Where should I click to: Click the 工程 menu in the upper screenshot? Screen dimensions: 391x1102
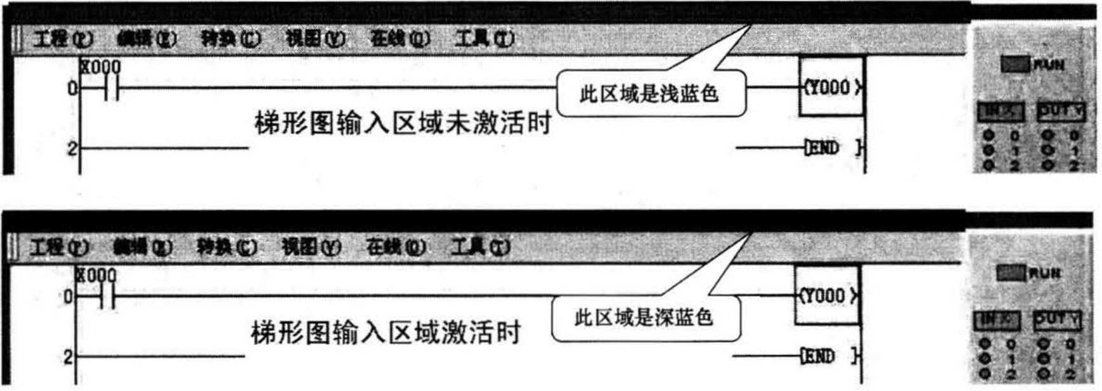(x=62, y=39)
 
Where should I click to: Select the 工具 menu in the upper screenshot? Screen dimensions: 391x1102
(x=484, y=39)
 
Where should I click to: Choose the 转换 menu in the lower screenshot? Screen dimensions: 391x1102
(x=227, y=247)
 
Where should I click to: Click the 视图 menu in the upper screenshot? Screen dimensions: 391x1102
(x=315, y=39)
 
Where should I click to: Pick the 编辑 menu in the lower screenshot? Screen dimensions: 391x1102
(x=142, y=247)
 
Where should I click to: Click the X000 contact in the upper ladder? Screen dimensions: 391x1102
(x=110, y=89)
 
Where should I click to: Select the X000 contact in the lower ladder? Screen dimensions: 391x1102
(x=107, y=296)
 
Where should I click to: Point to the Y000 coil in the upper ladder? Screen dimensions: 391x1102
(x=831, y=88)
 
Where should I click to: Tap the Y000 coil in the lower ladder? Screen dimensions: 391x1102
(x=827, y=296)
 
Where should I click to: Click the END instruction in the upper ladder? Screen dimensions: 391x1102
(x=823, y=149)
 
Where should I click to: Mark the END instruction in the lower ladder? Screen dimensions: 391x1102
(x=819, y=357)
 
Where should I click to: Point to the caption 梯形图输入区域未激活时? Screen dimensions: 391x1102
(x=403, y=123)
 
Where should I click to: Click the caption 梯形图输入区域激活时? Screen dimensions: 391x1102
(x=386, y=332)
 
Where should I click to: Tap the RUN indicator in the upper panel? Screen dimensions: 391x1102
(x=1016, y=65)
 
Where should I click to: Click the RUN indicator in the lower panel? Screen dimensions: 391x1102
(x=1012, y=274)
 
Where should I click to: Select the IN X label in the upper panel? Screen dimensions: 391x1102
(x=1000, y=112)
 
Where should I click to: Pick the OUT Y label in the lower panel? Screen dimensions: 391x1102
(x=1057, y=319)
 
